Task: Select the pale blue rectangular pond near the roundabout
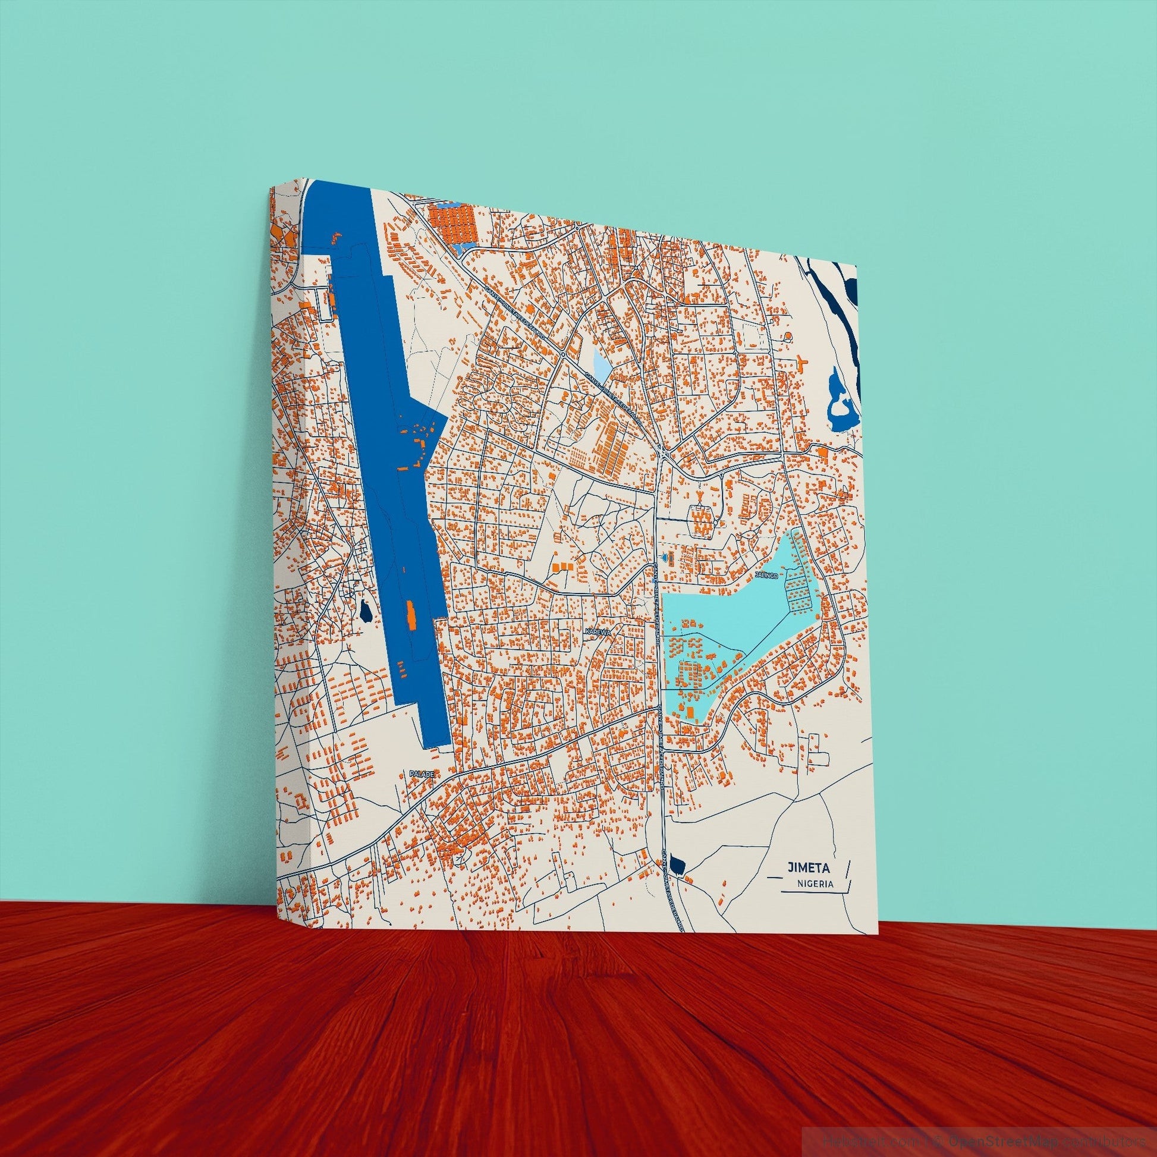601,363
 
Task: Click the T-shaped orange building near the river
801,363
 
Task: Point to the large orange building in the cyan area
689,711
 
